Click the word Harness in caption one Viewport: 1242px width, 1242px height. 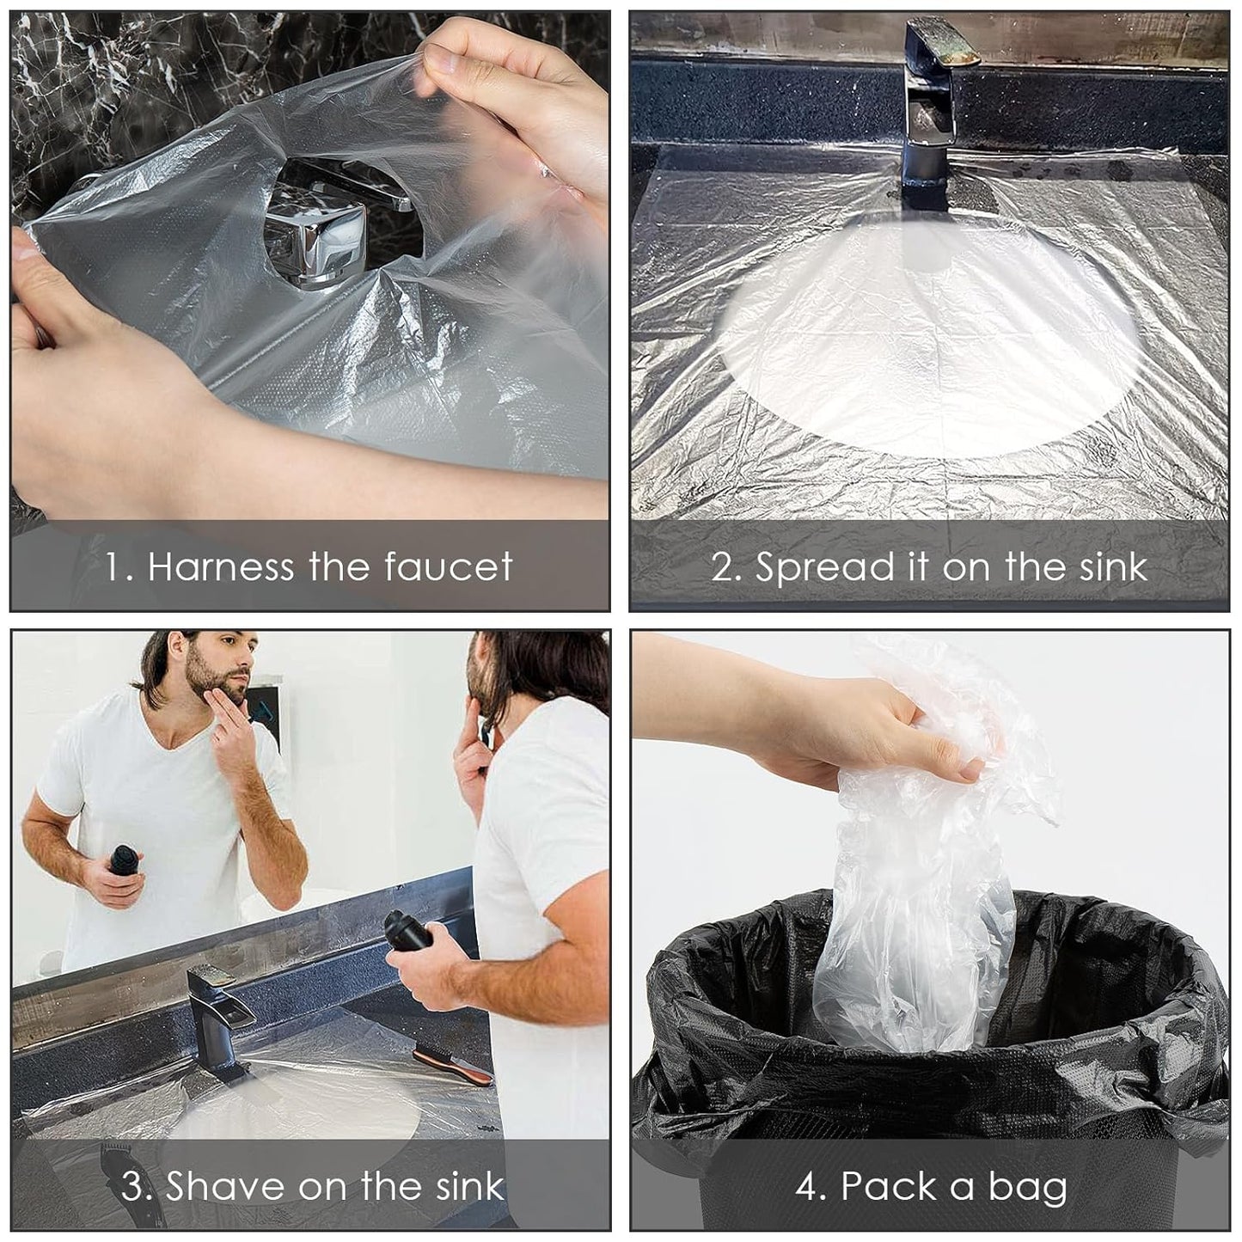coord(220,567)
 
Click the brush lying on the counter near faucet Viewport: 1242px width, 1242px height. coord(452,1063)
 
